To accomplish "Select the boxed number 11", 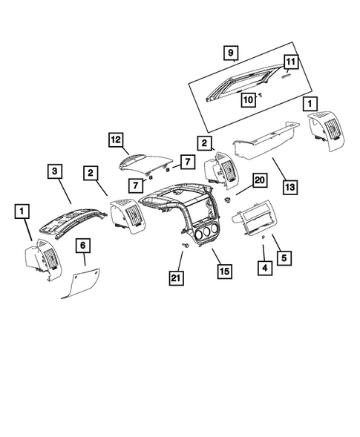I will pyautogui.click(x=290, y=62).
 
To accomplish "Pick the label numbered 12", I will pyautogui.click(x=115, y=139).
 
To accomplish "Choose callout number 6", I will pyautogui.click(x=84, y=244).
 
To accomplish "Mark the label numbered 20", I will pyautogui.click(x=259, y=180).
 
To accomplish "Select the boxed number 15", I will pyautogui.click(x=223, y=271).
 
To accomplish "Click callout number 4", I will pyautogui.click(x=264, y=265).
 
